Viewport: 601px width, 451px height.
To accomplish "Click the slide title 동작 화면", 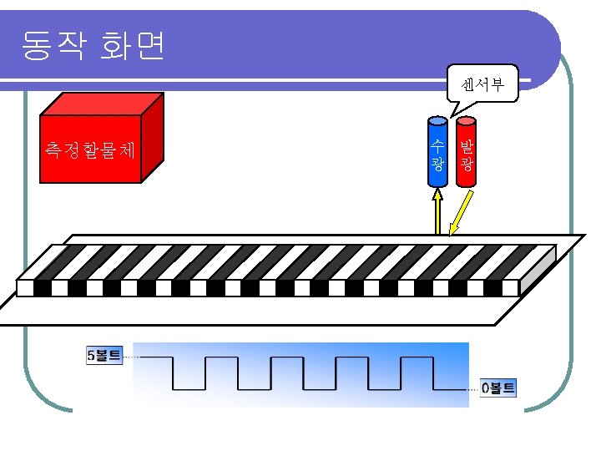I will [x=93, y=46].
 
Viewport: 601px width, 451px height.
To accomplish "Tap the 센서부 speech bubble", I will [x=482, y=83].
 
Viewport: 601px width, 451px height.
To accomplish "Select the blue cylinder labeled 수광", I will [x=437, y=153].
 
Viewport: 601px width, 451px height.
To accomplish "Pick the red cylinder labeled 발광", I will [x=467, y=153].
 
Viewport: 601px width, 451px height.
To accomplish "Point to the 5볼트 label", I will [x=104, y=356].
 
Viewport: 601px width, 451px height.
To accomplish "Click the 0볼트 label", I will [x=498, y=388].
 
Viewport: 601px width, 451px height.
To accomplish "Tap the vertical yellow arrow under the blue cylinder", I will [x=437, y=214].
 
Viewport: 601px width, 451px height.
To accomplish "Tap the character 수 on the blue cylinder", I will [x=437, y=144].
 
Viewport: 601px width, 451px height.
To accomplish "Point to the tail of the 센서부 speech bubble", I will [x=456, y=109].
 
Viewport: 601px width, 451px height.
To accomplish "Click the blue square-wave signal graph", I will [x=300, y=373].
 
